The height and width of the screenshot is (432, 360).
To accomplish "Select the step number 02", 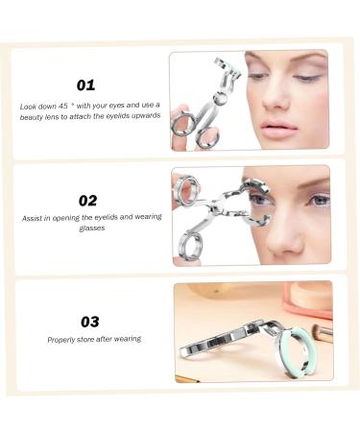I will coord(87,201).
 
